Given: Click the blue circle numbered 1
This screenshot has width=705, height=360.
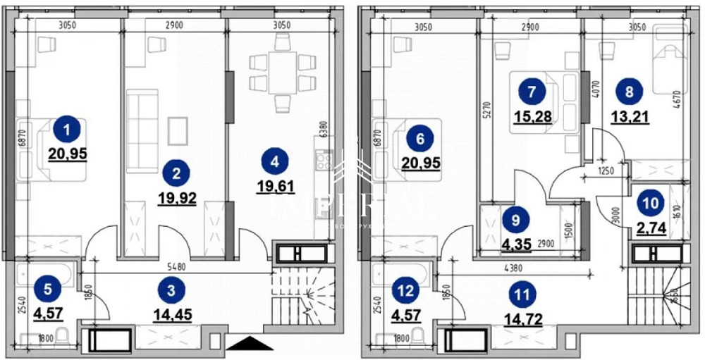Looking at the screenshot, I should tap(67, 130).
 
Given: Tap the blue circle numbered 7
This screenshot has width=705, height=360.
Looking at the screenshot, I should tap(532, 91).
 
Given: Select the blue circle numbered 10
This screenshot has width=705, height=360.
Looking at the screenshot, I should tap(649, 203).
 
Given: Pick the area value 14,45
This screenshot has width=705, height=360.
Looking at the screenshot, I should tap(172, 312).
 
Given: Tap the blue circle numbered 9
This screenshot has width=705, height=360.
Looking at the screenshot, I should tap(515, 220).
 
